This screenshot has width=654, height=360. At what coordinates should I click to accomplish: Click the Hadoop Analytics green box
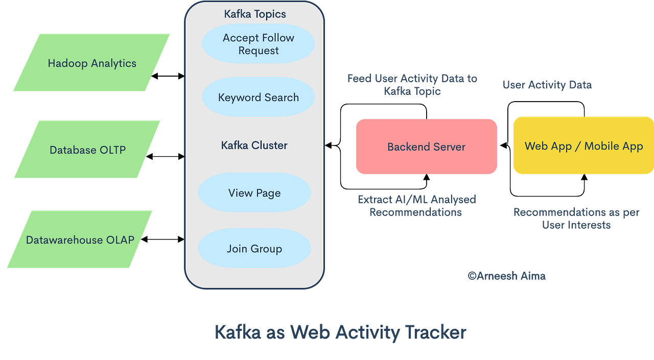(92, 63)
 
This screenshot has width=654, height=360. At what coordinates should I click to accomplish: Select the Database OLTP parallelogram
(87, 150)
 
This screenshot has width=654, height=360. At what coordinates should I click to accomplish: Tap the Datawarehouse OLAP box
(80, 239)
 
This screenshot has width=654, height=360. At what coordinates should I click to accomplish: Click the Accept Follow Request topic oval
(258, 44)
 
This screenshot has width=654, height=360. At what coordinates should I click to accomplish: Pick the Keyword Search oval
(258, 97)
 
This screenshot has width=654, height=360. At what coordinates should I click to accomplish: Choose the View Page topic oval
(254, 193)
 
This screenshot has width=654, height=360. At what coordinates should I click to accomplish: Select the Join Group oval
(254, 249)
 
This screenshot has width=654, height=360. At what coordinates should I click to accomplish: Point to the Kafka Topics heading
(255, 14)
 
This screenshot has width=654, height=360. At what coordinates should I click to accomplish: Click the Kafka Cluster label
(254, 145)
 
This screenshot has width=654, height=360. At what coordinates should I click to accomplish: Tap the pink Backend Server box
(426, 147)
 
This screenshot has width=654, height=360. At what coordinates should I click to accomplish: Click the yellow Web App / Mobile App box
(583, 146)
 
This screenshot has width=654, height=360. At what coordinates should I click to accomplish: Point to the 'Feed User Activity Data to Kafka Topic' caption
(412, 85)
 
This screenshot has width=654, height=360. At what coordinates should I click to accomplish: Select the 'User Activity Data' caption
(547, 85)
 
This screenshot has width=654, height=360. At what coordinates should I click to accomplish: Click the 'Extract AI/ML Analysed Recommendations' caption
(416, 205)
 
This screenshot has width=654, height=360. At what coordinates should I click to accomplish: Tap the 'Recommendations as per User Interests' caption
(576, 218)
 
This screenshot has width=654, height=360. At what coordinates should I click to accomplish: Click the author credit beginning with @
(506, 275)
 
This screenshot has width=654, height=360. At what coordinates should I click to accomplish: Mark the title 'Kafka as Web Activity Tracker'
(340, 332)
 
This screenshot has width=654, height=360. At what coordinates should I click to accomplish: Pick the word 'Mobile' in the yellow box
(604, 146)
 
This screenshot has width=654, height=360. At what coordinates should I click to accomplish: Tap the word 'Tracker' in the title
(436, 332)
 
